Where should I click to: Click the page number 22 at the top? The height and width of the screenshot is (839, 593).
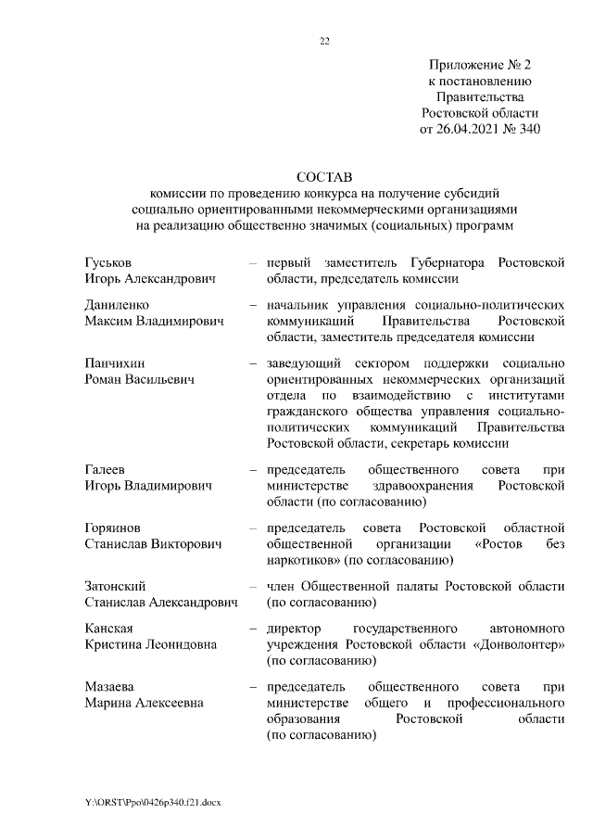tap(324, 41)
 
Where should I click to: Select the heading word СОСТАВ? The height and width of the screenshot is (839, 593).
tap(324, 175)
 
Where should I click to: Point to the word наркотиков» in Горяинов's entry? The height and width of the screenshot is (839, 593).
tap(304, 561)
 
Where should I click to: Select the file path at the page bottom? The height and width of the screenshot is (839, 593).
tap(153, 799)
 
